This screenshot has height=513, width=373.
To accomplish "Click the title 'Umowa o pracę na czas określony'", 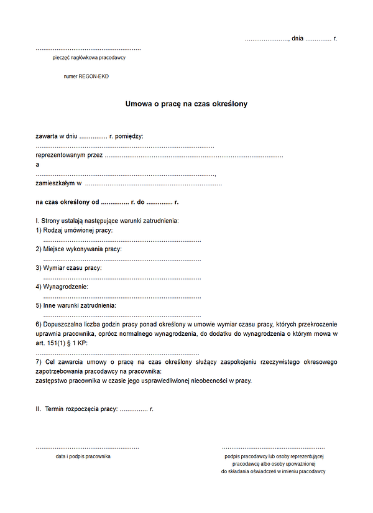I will click(x=186, y=104).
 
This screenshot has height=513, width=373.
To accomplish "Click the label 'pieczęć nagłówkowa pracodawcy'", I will click(x=90, y=58).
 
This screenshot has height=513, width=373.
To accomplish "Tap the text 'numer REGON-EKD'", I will click(x=86, y=76).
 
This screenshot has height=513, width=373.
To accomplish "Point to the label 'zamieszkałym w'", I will click(x=59, y=183).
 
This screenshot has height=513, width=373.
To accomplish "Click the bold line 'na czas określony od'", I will click(x=68, y=202).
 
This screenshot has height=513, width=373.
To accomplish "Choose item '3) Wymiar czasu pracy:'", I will click(x=69, y=268).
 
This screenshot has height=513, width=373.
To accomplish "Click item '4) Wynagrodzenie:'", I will click(x=62, y=287).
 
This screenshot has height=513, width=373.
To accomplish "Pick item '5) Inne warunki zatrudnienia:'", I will click(x=76, y=305).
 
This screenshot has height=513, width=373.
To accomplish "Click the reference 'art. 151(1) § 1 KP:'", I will click(x=62, y=343).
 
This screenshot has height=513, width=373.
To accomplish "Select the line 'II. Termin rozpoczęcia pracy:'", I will click(x=76, y=409).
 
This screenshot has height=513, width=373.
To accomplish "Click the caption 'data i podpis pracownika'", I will click(x=83, y=456).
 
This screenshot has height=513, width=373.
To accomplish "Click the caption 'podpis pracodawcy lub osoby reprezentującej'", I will click(x=274, y=456).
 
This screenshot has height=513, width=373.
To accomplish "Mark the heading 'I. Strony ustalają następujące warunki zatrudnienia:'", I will click(x=107, y=221).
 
